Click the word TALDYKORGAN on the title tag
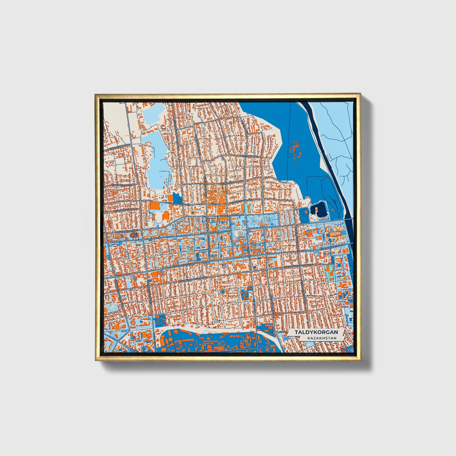coord(316,332)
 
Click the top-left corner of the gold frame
coord(95,94)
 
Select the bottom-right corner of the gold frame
coord(360,360)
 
